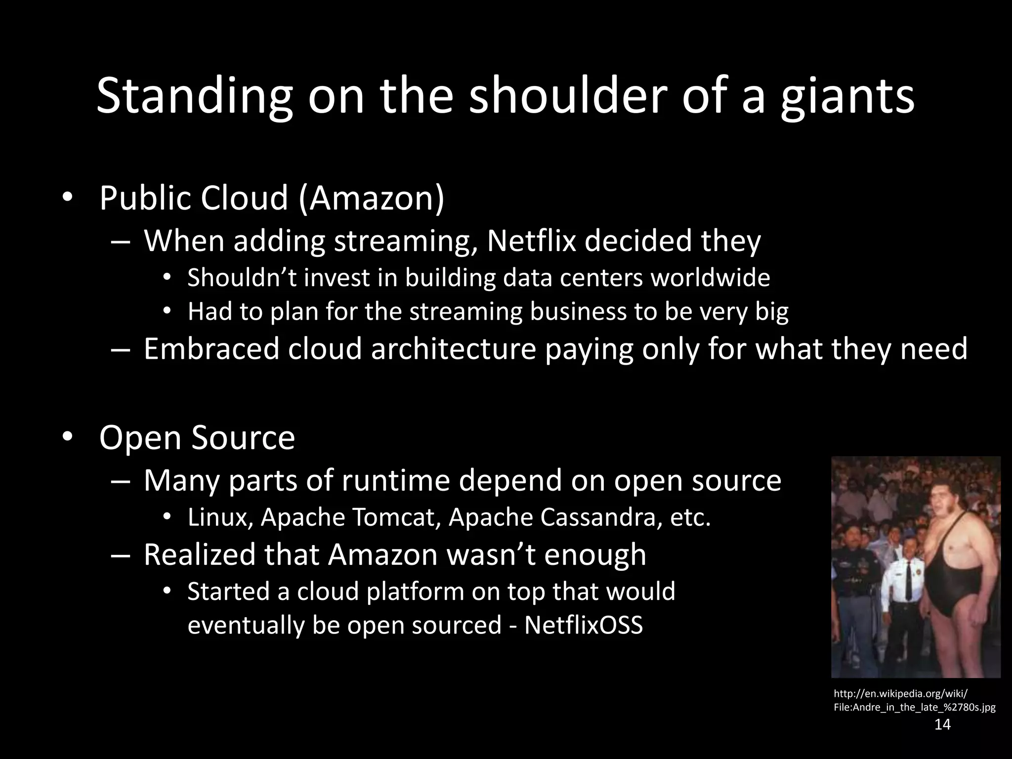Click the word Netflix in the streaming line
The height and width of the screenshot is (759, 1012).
point(531,241)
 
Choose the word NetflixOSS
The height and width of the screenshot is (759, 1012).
point(583,625)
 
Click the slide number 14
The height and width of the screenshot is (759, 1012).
point(942,725)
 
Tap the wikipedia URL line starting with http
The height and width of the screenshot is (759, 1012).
point(900,694)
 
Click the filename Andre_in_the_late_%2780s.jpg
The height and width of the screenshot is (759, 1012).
point(914,708)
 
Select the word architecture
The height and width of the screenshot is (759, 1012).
point(453,349)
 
